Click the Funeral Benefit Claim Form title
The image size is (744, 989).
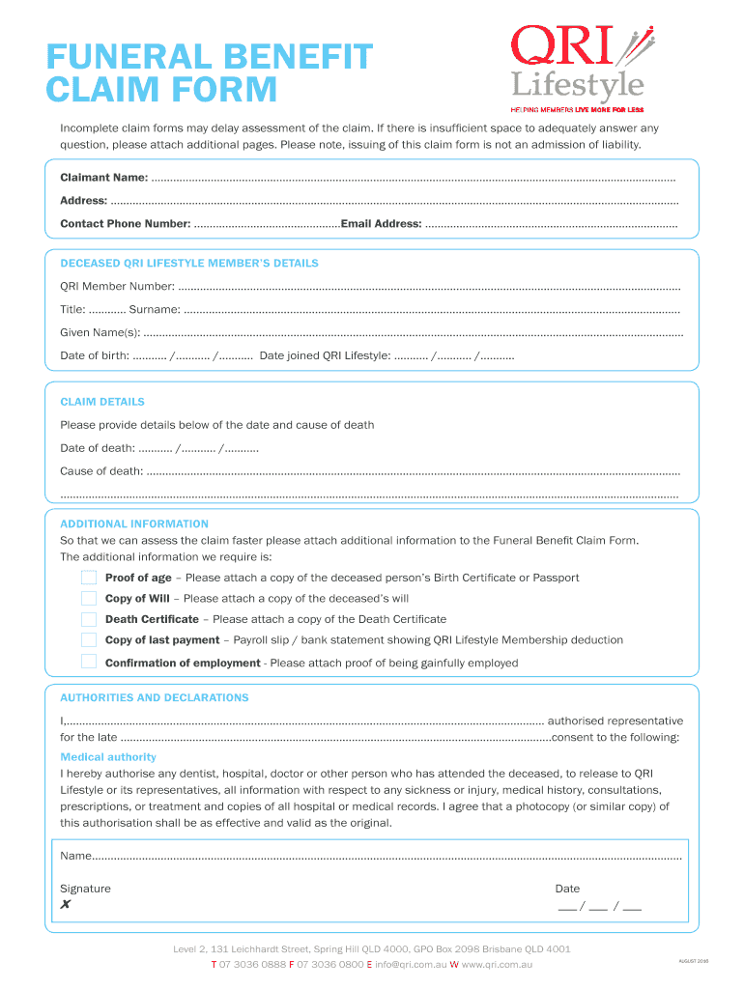(209, 73)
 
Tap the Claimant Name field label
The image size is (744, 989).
(104, 178)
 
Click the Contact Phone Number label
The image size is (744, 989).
(126, 224)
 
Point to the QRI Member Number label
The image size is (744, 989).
(117, 286)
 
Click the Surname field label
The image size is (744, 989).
(155, 309)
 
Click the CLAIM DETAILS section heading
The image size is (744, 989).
(102, 402)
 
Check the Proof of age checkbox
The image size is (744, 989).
(89, 578)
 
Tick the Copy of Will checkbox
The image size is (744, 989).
(89, 598)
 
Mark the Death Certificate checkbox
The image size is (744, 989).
(89, 619)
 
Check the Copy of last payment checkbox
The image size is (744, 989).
(89, 639)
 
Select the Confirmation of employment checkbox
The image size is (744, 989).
(89, 662)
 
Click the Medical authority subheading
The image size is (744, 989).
(108, 757)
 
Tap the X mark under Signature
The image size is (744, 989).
(66, 905)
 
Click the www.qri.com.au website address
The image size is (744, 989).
(492, 965)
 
